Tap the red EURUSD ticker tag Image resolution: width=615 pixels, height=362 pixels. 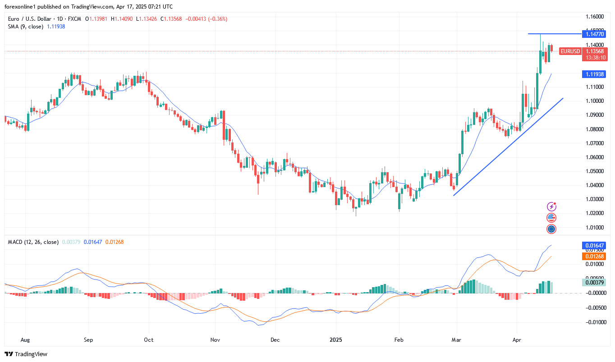point(570,51)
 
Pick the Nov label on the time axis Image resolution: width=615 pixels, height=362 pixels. point(215,339)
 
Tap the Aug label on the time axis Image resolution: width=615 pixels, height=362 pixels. point(25,339)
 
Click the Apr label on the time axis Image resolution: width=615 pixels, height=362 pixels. point(516,339)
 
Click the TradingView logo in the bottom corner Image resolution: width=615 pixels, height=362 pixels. point(26,354)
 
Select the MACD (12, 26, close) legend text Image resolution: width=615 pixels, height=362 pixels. point(33,242)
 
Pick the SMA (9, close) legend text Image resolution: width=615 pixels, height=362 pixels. point(26,27)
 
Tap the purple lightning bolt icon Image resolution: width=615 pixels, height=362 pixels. point(551,206)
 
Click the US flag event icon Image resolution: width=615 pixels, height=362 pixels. point(551,218)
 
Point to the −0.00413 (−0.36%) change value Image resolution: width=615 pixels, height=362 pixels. point(206,19)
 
